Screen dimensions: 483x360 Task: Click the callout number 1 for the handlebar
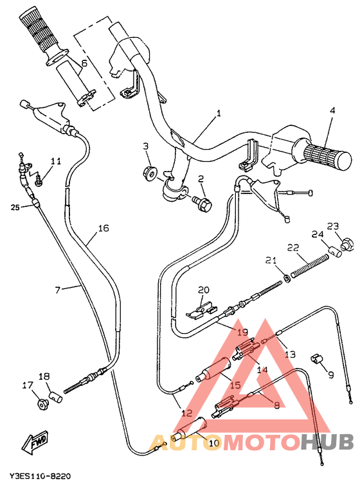(219, 113)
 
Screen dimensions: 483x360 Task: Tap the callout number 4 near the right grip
(332, 110)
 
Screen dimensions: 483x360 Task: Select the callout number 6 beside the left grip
(83, 63)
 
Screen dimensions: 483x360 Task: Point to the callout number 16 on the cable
(104, 228)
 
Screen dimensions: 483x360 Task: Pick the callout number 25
(15, 207)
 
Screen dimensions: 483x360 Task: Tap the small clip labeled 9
(315, 358)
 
